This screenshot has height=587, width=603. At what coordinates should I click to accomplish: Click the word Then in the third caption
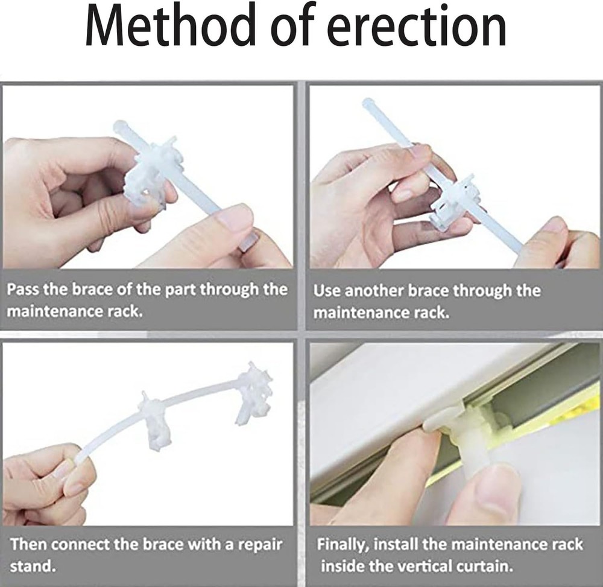28,544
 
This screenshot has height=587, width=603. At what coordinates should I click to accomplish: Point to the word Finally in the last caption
344,544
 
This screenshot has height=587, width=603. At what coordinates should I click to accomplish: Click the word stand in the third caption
31,566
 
